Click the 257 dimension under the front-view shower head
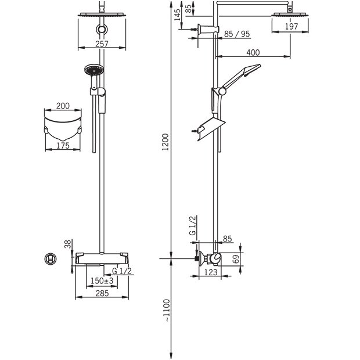click(x=102, y=44)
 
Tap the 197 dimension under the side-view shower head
click(x=291, y=27)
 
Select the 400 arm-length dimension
click(x=253, y=53)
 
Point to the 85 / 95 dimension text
click(x=237, y=34)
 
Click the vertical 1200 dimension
click(x=165, y=142)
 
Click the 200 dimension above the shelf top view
click(x=63, y=106)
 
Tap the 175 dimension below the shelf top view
click(x=63, y=145)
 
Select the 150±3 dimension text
click(x=102, y=280)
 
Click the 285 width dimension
click(x=102, y=293)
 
